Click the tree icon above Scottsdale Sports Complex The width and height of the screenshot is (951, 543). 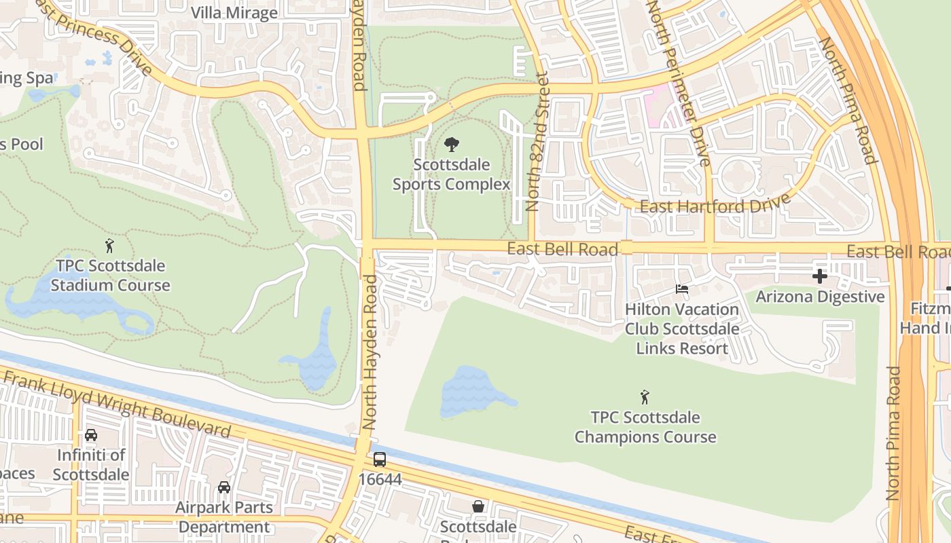click(x=451, y=145)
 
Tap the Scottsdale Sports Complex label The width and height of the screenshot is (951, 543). click(x=451, y=174)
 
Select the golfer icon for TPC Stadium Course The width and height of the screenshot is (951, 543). click(x=110, y=246)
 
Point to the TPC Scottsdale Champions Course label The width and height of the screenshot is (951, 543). click(x=645, y=427)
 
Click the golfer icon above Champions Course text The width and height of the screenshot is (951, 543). click(x=645, y=396)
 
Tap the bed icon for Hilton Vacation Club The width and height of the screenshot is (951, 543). click(x=682, y=289)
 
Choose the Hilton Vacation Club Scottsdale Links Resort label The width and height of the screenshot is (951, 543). click(x=682, y=329)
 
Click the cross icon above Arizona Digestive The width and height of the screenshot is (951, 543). click(x=820, y=276)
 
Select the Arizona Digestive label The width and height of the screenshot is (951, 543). click(x=820, y=297)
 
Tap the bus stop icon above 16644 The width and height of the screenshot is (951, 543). click(x=380, y=460)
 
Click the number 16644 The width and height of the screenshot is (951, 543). click(x=380, y=480)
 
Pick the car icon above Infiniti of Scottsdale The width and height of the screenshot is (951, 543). click(x=91, y=435)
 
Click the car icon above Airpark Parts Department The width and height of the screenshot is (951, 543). click(x=223, y=487)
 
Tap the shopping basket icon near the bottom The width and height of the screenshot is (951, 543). click(x=478, y=506)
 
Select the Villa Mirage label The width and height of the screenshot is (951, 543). click(x=234, y=13)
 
